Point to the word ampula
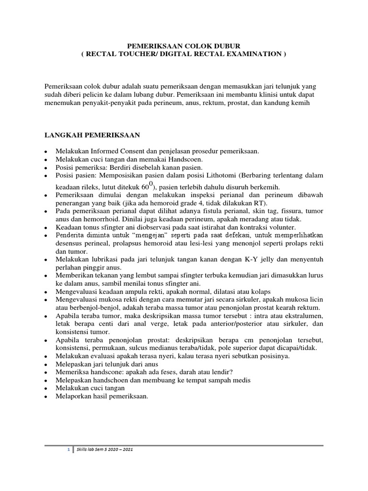pos(124,292)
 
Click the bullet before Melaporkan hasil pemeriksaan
pos(45,397)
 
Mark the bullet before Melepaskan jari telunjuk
pos(45,364)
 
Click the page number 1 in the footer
pos(68,450)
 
